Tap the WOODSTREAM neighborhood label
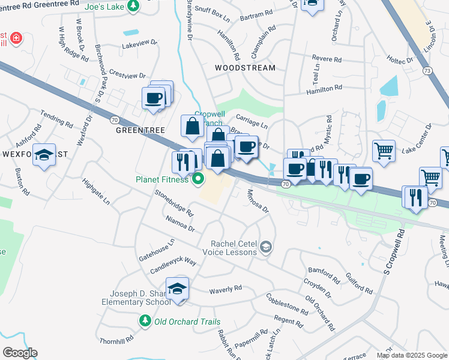coord(246,68)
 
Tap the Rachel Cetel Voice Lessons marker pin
coord(266,246)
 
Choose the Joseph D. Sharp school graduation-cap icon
coord(177,289)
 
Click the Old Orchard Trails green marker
coord(145,322)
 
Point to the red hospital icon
coord(16,39)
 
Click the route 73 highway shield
coord(427,71)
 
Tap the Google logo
coord(20,353)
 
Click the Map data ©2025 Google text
coord(411,355)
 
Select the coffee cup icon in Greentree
coord(154,97)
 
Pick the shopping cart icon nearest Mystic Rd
coord(384,150)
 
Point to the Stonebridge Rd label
coord(174,203)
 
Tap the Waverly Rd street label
coord(225,290)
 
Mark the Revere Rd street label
coord(327,59)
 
